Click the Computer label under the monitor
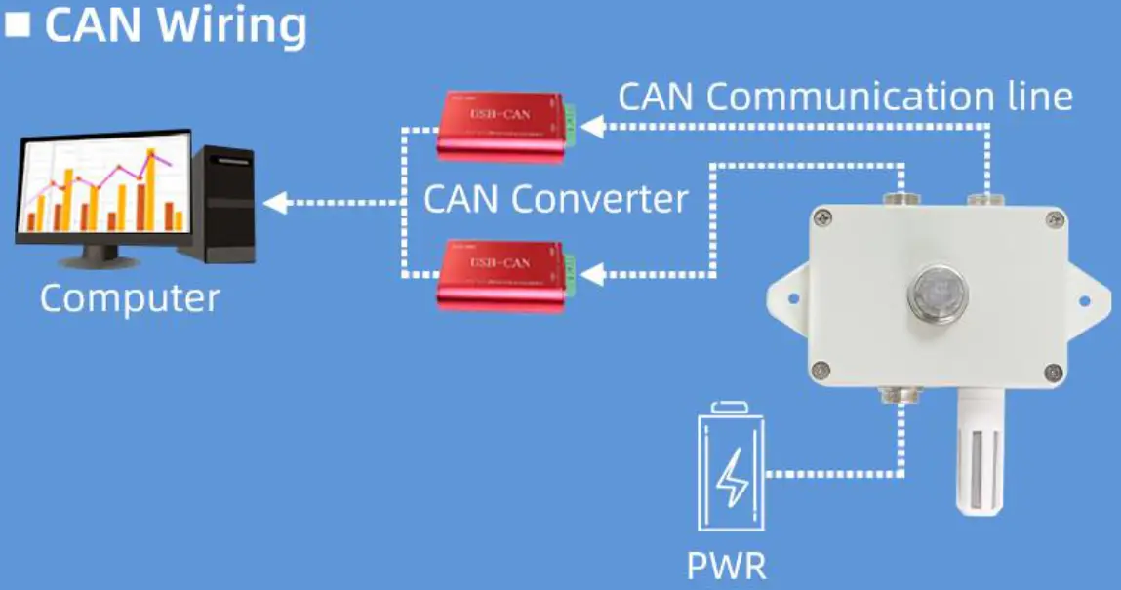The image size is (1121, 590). tap(130, 297)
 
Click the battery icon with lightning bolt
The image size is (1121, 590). tap(732, 469)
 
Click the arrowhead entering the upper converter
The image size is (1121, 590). tap(591, 126)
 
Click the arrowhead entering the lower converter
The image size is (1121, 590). tap(591, 275)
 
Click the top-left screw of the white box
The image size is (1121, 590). tap(825, 220)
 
